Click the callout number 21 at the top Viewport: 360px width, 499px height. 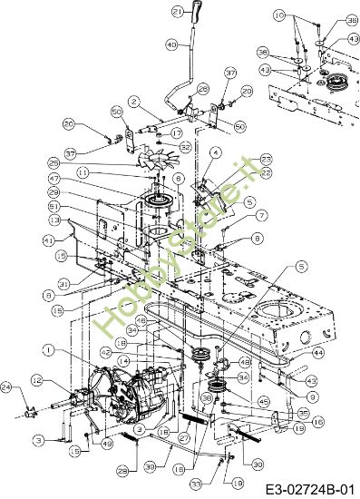178,11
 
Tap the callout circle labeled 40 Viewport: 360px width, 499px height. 171,44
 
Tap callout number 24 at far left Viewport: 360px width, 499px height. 7,388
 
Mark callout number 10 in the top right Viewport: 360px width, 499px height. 278,15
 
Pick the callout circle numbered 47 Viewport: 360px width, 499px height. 106,181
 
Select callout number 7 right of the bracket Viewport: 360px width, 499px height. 237,215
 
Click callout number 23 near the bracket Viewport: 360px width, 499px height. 241,158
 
